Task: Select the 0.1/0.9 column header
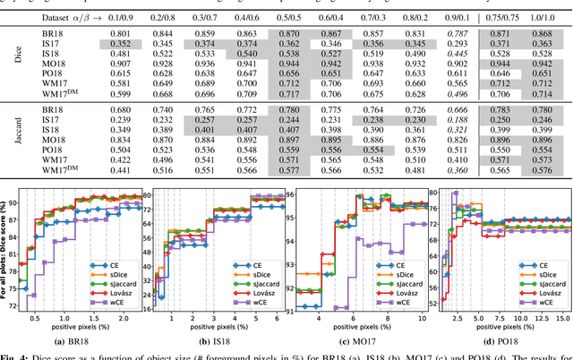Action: coord(129,16)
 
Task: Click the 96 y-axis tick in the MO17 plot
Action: coord(291,194)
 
